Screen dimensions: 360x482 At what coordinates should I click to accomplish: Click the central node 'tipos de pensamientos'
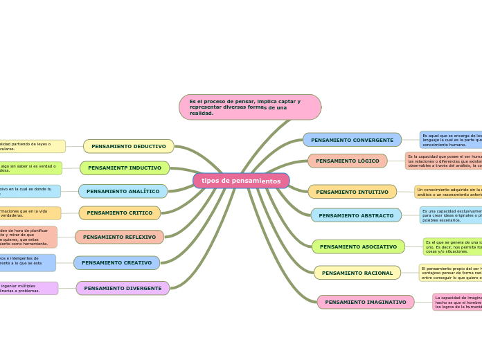click(241, 181)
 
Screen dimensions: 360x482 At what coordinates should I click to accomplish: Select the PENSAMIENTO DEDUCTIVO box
click(129, 146)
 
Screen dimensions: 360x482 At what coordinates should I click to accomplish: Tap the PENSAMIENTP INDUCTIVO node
click(125, 168)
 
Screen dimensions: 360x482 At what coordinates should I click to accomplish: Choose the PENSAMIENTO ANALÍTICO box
click(123, 191)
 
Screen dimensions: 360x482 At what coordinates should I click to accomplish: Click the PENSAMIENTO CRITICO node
click(119, 213)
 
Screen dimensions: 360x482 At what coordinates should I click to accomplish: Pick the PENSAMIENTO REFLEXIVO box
click(119, 237)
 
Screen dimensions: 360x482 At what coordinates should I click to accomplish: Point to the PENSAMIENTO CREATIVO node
click(116, 263)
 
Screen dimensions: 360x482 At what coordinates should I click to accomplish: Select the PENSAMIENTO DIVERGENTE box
click(123, 288)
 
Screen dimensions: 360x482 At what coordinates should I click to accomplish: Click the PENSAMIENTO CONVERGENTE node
click(352, 140)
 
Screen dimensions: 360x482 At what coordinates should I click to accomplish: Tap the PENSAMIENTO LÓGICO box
click(348, 161)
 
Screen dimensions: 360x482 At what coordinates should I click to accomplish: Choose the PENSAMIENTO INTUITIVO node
click(352, 192)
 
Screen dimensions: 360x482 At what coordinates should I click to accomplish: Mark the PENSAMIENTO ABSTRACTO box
click(356, 215)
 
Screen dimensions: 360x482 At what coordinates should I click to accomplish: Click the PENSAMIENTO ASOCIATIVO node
click(358, 246)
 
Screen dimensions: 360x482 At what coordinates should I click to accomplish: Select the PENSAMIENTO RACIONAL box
click(357, 273)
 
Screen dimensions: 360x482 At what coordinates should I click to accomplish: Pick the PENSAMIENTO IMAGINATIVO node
click(366, 302)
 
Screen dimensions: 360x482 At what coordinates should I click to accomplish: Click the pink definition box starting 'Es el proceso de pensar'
click(250, 107)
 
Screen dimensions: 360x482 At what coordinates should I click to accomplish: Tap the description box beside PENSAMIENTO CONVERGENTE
click(451, 139)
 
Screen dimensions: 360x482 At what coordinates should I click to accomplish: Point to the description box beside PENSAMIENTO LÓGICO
click(443, 161)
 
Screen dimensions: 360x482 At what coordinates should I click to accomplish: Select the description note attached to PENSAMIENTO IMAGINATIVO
click(457, 302)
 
